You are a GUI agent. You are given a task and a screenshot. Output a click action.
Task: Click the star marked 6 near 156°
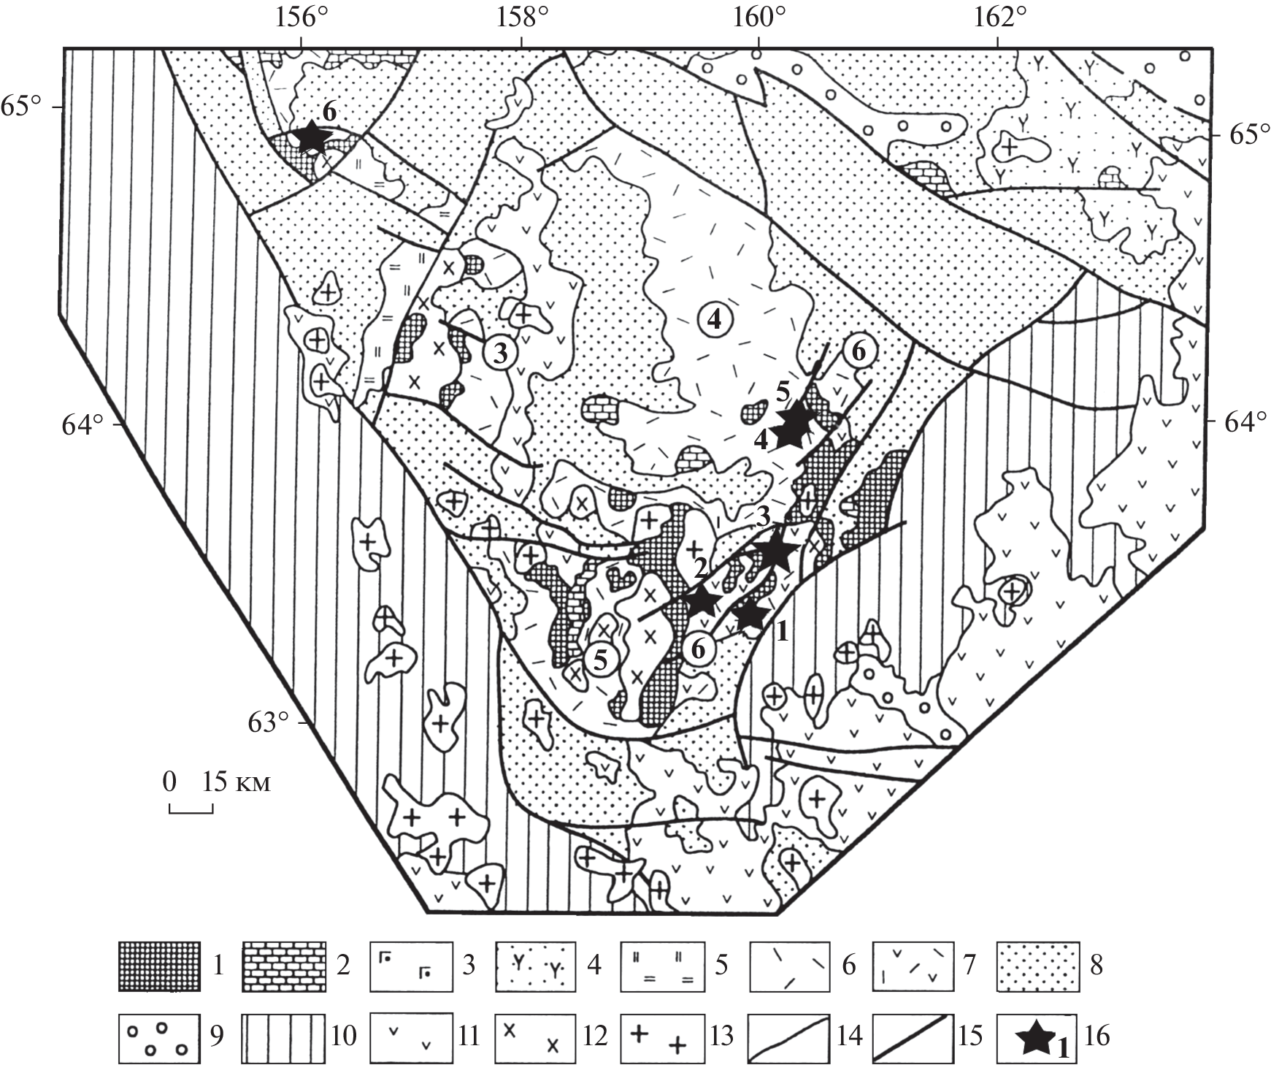click(311, 136)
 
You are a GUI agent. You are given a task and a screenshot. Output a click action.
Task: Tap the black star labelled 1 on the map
click(750, 615)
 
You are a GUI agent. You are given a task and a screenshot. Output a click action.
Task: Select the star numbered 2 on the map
click(703, 600)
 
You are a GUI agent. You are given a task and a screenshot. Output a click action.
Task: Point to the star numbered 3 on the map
click(773, 553)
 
